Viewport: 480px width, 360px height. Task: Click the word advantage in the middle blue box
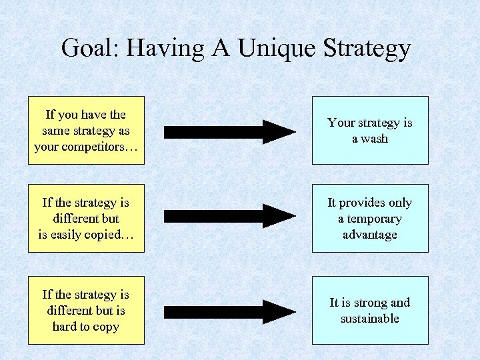tap(369, 235)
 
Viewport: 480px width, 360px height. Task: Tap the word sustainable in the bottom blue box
tap(369, 319)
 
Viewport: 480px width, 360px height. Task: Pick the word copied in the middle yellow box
tap(107, 235)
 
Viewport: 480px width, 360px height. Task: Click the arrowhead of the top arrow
tap(280, 131)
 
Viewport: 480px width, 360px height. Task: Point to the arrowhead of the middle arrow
tap(280, 216)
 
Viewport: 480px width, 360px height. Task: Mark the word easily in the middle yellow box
tap(69, 235)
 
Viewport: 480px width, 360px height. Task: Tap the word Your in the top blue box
tap(341, 123)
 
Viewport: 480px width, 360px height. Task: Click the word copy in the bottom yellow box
tap(106, 327)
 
